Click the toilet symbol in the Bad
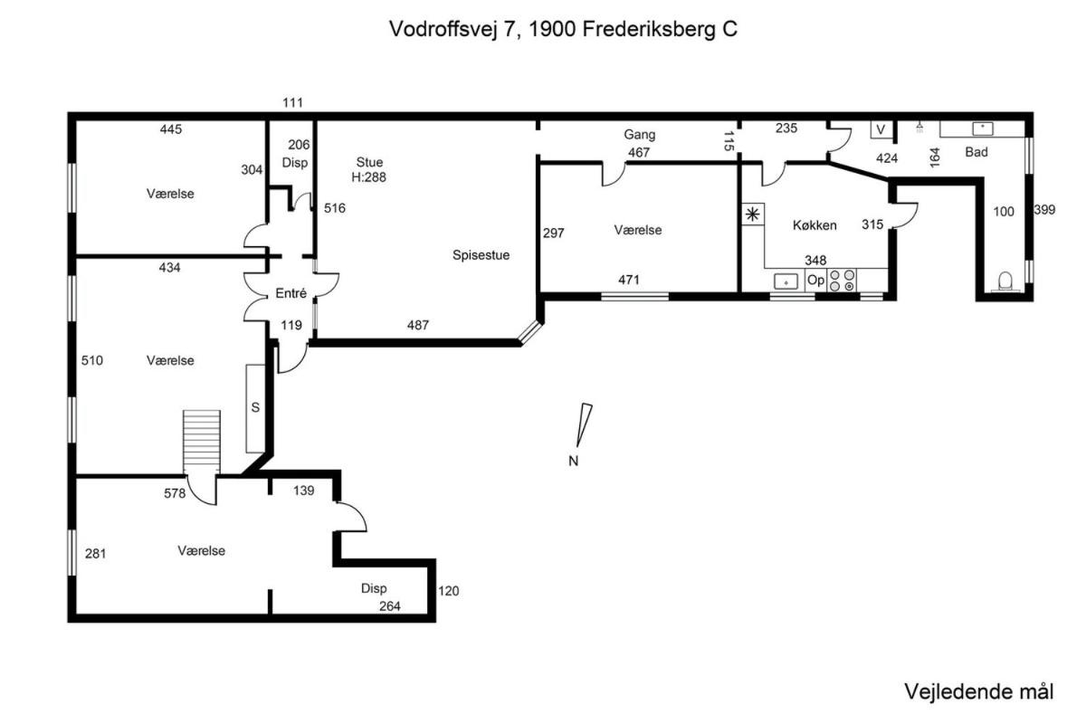[x=1005, y=281]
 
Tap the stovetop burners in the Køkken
[x=843, y=281]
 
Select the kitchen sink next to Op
[x=786, y=281]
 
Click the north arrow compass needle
[x=584, y=425]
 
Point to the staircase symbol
[x=202, y=442]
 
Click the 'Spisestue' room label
[x=481, y=255]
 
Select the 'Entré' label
[x=291, y=293]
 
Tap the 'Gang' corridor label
[x=640, y=135]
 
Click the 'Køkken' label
[x=814, y=225]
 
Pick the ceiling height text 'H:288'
[x=368, y=177]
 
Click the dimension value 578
[x=175, y=493]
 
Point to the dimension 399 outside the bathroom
[x=1044, y=209]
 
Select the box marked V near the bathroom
[x=881, y=129]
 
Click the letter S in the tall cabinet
[x=255, y=407]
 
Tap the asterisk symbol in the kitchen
[x=752, y=214]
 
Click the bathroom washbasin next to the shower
[x=983, y=129]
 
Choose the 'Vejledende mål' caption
[x=978, y=691]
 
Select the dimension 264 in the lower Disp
[x=389, y=606]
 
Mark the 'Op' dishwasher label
[x=815, y=281]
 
